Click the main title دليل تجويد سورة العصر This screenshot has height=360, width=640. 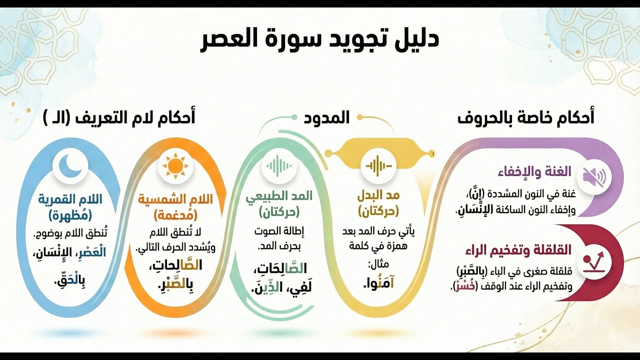point(319,40)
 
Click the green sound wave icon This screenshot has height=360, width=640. point(278,165)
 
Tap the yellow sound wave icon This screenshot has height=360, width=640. point(378,165)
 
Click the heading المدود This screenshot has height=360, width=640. point(327,118)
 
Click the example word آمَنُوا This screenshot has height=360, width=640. point(378,283)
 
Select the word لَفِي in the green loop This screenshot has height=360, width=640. point(298,288)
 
